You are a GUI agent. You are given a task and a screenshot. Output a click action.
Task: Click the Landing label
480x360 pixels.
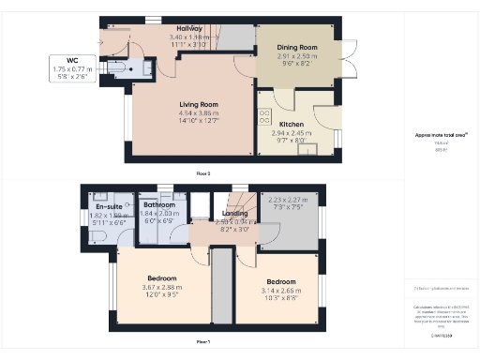[234, 213]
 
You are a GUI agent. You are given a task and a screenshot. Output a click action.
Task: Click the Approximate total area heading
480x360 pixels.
[439, 136]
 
